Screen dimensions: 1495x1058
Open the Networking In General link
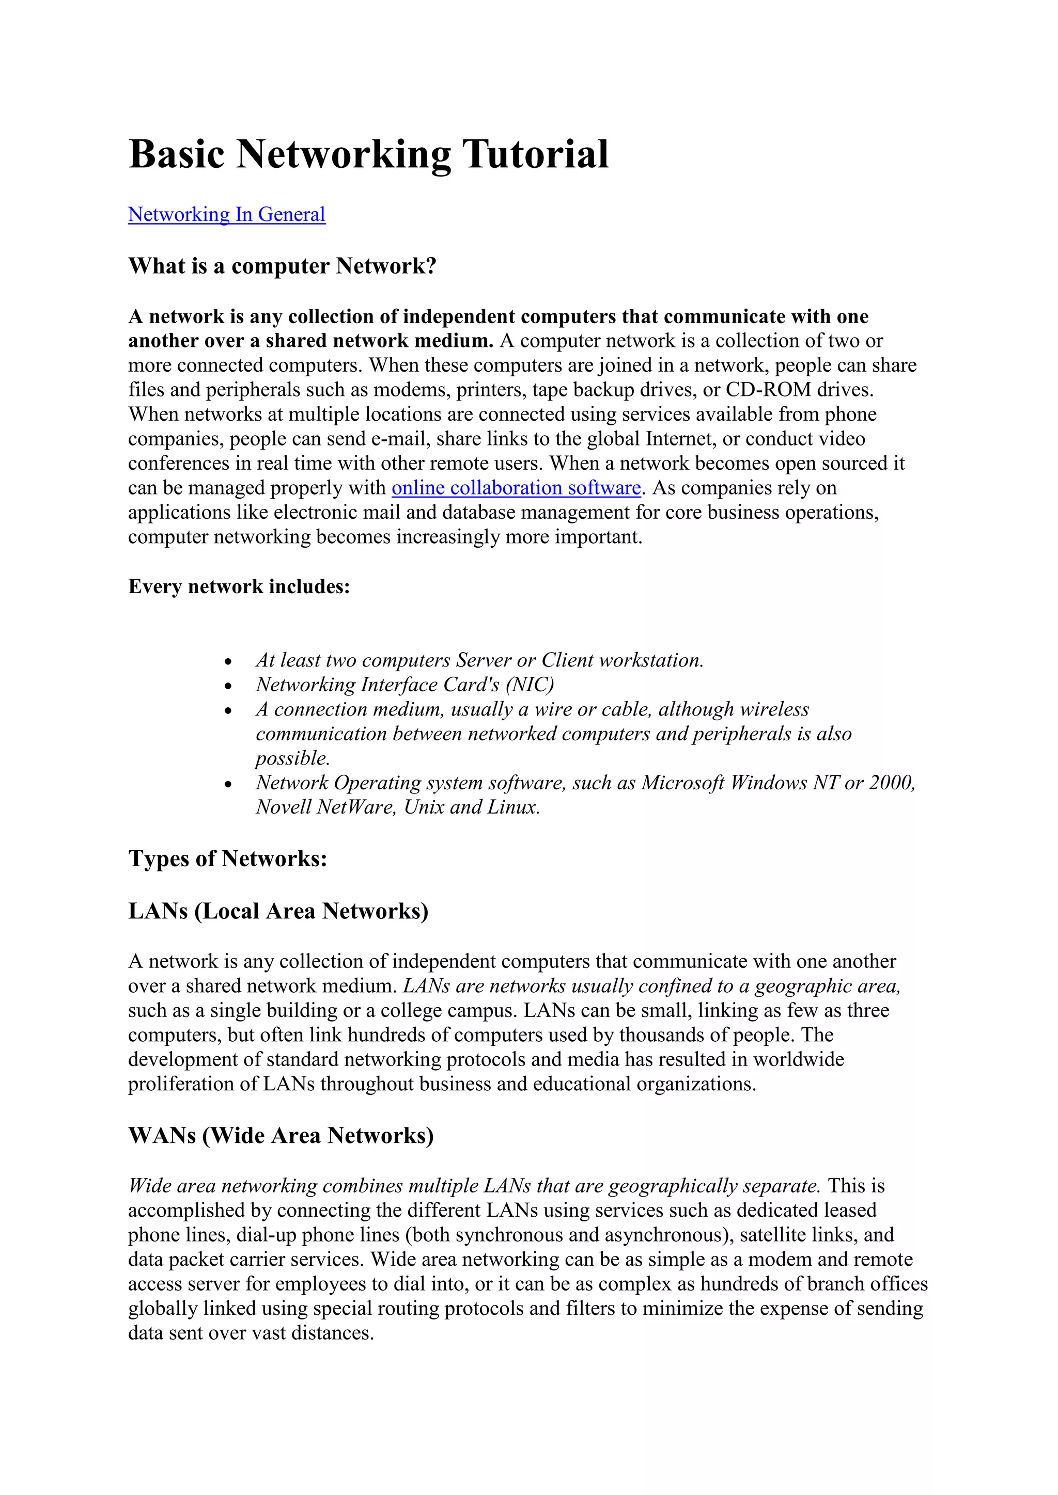226,214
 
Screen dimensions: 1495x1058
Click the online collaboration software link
516,488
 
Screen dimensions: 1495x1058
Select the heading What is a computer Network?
282,266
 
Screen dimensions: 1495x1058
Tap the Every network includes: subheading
239,586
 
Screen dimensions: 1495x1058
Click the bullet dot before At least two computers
228,662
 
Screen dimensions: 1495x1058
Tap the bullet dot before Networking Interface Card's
228,686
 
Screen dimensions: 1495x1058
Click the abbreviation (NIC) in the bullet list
529,685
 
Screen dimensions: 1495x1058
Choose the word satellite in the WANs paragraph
773,1235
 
